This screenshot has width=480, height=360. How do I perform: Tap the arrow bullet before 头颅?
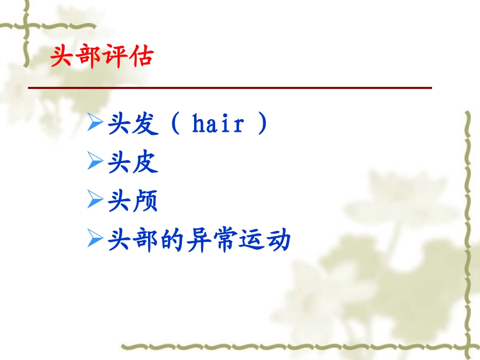(x=95, y=200)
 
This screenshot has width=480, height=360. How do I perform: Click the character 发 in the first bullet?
(x=146, y=124)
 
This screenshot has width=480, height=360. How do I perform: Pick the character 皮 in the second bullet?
(x=146, y=163)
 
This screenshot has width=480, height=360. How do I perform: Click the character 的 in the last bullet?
(x=172, y=240)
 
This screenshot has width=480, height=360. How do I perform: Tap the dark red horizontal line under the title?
(x=230, y=88)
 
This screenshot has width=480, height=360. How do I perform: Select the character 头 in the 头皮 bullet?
(x=119, y=163)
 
